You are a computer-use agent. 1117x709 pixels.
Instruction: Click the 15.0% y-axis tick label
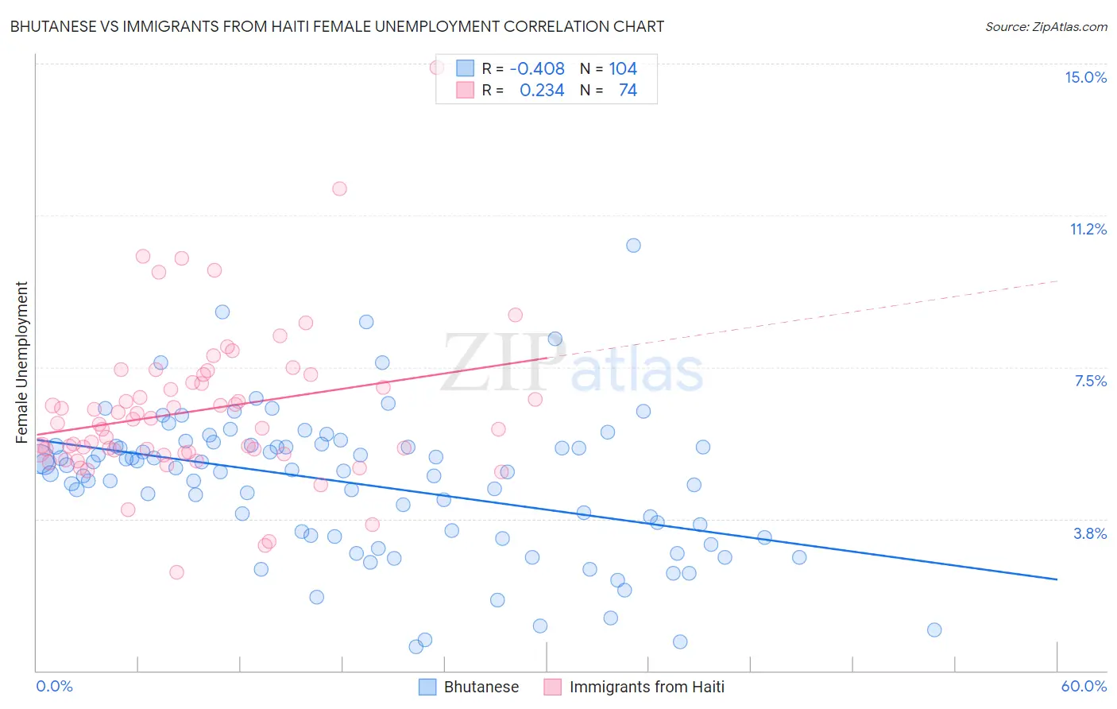tap(1085, 77)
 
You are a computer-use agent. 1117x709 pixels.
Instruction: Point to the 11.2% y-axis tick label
tap(1088, 230)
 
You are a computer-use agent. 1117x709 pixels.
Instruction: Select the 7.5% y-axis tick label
tap(1090, 382)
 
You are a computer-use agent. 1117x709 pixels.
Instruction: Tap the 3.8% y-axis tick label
tap(1090, 533)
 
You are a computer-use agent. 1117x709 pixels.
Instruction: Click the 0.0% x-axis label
tap(54, 686)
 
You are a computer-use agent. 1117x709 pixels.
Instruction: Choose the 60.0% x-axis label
tap(1084, 686)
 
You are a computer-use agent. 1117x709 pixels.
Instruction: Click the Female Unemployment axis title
tap(21, 362)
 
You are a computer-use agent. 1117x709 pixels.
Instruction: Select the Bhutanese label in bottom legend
tap(481, 687)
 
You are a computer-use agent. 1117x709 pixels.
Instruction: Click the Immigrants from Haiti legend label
tap(647, 687)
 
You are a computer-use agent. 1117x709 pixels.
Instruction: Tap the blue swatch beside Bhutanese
tap(427, 687)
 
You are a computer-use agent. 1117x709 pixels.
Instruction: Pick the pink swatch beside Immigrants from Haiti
tap(553, 687)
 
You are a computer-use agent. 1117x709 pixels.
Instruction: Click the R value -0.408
tap(537, 69)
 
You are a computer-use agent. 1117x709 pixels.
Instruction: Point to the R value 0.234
tap(542, 91)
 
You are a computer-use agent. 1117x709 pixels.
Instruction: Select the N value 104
tap(623, 69)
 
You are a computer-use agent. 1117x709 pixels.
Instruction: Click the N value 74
tap(628, 91)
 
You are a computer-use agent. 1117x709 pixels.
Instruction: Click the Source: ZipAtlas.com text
tap(1045, 27)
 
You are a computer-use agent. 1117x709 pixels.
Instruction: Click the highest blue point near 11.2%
tap(633, 246)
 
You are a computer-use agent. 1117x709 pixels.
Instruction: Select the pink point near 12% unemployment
tap(339, 189)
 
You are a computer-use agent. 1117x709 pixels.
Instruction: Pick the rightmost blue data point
tap(934, 630)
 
